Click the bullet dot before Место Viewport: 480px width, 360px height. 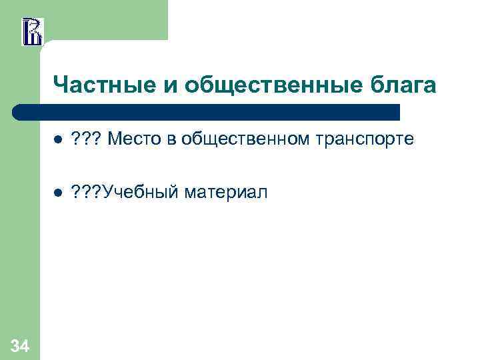(x=57, y=140)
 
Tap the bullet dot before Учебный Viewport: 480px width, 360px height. (x=57, y=193)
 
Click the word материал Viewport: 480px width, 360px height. (x=225, y=193)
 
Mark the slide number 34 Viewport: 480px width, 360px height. (x=19, y=345)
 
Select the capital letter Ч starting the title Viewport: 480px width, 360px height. (x=59, y=85)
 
